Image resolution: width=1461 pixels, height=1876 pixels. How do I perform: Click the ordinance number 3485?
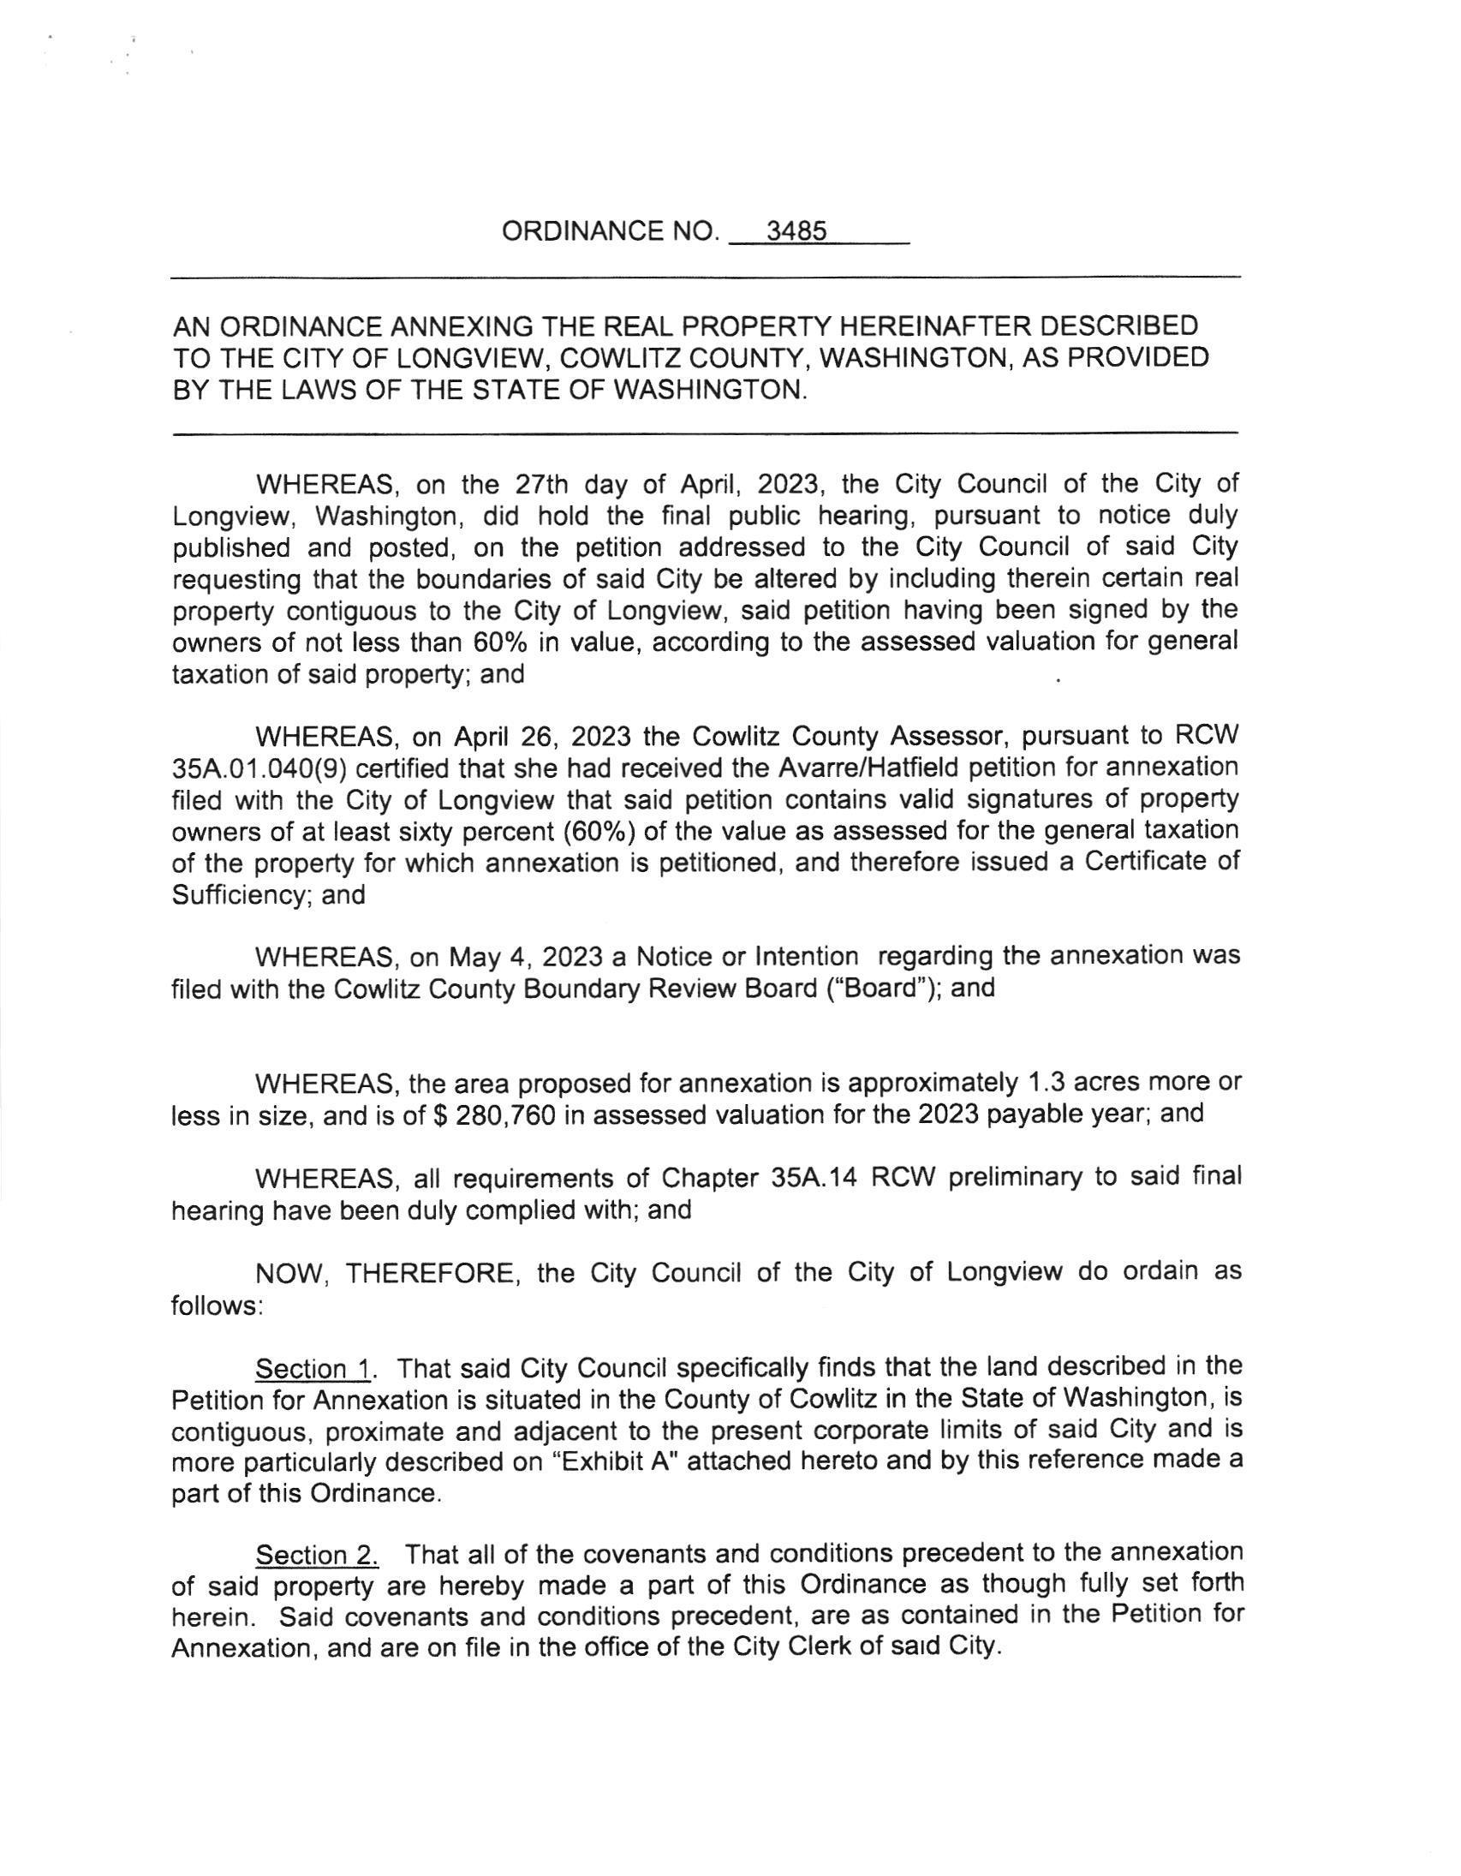(796, 232)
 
